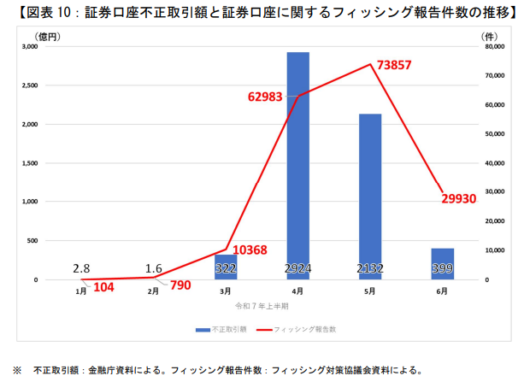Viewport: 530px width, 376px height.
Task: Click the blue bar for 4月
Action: pos(297,162)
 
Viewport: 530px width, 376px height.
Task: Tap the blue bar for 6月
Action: pos(442,263)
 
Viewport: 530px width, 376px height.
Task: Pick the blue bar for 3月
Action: pos(226,267)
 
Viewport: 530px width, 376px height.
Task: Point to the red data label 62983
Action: pos(270,97)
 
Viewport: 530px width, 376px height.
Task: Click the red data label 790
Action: pos(180,285)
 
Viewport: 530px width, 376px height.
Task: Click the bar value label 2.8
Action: pos(82,268)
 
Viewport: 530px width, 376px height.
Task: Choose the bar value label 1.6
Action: pos(155,268)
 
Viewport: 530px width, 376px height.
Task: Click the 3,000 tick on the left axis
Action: pos(29,47)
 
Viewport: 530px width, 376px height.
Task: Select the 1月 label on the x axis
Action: pos(81,292)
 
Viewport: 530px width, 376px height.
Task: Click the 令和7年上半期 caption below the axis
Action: pos(262,305)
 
